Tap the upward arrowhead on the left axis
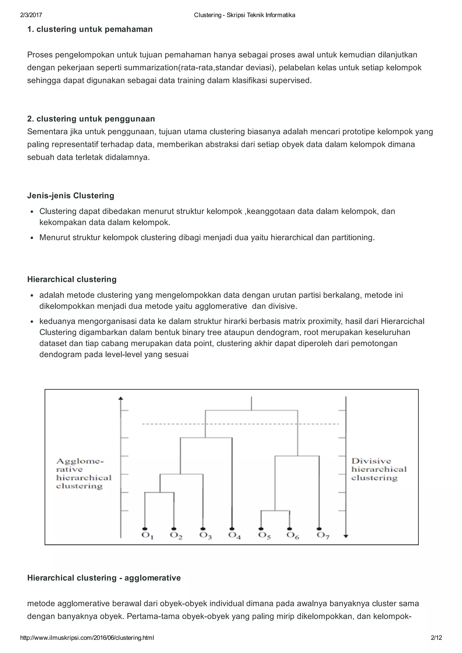[x=121, y=398]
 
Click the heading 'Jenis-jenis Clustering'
[x=71, y=196]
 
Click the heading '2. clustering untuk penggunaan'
[x=91, y=119]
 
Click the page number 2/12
[x=436, y=638]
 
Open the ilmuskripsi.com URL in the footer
[x=87, y=638]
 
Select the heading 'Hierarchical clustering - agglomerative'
[x=104, y=578]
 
